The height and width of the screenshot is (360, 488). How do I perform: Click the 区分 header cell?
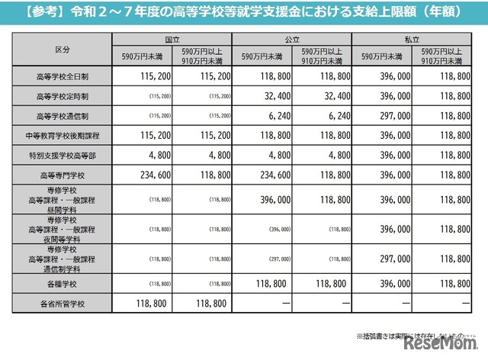(63, 48)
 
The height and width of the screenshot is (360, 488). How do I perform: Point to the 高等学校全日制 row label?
(63, 78)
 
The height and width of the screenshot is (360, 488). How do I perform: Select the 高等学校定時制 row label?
(63, 98)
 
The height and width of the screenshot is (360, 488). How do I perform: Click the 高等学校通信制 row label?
(63, 117)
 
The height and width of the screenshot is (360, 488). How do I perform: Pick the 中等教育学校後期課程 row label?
(63, 136)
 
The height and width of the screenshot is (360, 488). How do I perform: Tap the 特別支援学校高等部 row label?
(63, 155)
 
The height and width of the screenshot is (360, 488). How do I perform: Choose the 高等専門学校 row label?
(63, 174)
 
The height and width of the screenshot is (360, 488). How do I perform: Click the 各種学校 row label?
(63, 284)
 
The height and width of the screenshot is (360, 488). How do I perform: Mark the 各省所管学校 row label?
(63, 303)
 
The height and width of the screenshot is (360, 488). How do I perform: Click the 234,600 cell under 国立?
(145, 174)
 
